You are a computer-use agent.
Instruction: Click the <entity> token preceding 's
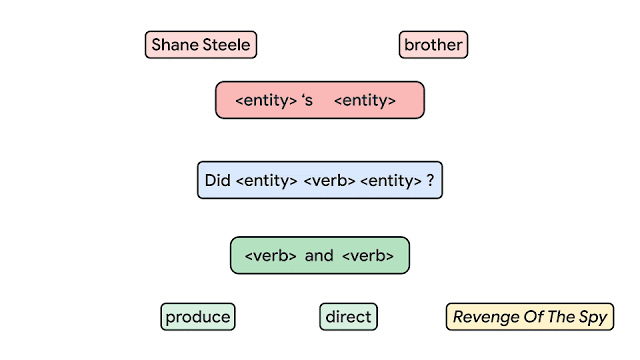coord(265,100)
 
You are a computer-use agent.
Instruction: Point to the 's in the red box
coord(307,100)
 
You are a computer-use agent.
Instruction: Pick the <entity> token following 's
coord(365,100)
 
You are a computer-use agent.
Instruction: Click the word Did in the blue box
coord(217,181)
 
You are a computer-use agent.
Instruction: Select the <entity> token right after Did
coord(264,181)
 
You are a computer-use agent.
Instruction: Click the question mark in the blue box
coord(430,181)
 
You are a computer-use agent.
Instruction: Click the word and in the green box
coord(319,256)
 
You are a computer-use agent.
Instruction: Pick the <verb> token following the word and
coord(368,256)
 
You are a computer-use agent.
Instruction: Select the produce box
coord(198,317)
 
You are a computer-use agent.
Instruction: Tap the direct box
coord(349,317)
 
